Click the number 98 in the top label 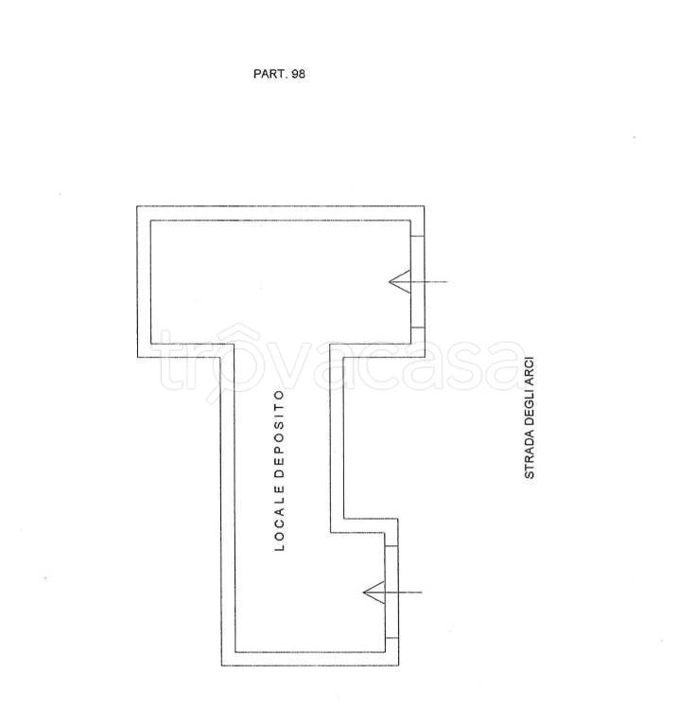click(298, 74)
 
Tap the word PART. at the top click(270, 74)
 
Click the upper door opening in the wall click(417, 282)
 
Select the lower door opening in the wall click(391, 592)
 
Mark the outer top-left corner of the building click(137, 206)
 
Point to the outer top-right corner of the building click(425, 206)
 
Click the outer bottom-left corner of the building click(221, 665)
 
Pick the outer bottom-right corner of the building click(398, 665)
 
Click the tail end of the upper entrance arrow click(447, 281)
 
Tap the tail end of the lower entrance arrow click(423, 593)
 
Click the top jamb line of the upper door click(417, 237)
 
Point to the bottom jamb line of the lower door click(391, 638)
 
